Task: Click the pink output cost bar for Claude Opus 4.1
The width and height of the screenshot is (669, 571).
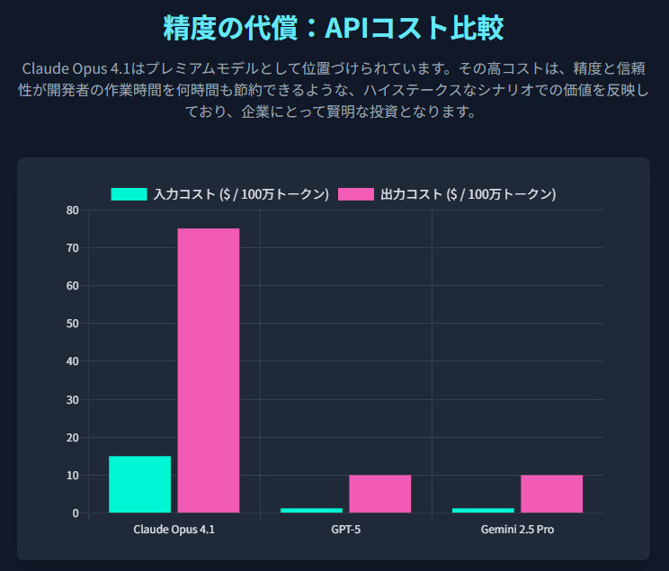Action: point(209,370)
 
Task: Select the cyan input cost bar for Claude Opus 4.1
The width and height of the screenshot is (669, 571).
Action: point(139,484)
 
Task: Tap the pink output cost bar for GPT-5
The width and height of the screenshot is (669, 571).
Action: point(380,494)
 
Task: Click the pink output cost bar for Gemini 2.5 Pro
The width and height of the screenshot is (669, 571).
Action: point(552,494)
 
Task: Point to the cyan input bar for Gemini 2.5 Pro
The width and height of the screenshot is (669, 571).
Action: point(483,510)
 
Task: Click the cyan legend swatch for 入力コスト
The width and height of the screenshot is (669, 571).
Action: point(129,194)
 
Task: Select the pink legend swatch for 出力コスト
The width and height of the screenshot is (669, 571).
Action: point(356,194)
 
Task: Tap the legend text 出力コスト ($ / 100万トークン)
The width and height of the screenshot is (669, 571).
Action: point(468,194)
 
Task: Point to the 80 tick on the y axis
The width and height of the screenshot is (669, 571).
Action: point(72,210)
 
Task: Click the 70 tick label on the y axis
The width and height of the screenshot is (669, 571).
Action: point(72,248)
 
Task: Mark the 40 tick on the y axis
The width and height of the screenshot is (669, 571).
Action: point(72,361)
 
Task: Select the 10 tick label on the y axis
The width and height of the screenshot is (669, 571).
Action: point(72,475)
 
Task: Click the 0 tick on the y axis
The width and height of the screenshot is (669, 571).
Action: point(75,513)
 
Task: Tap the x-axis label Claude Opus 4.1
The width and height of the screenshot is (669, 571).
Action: point(174,530)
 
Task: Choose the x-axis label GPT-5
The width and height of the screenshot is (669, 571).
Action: point(346,530)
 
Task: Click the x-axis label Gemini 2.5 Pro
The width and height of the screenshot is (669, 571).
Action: point(518,530)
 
